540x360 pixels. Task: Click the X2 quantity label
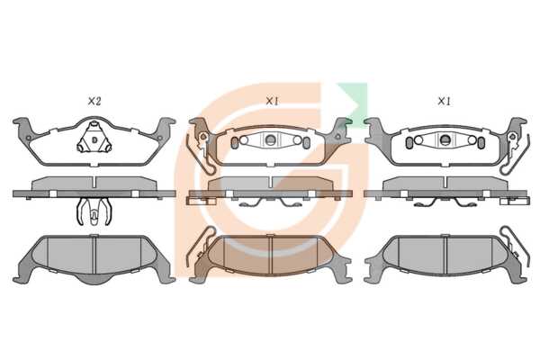point(94,102)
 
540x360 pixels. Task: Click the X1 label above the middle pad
point(272,102)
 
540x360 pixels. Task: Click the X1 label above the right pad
point(444,102)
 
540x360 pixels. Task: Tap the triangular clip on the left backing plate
point(94,139)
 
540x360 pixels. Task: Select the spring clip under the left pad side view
point(94,211)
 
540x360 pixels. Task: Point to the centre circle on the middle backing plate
point(271,139)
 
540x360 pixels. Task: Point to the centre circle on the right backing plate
point(445,139)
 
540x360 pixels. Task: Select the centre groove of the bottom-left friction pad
point(94,255)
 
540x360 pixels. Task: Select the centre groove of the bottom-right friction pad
point(446,255)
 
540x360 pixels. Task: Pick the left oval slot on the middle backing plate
point(234,142)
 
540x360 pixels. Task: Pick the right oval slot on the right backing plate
point(481,142)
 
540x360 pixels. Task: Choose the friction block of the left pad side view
point(94,184)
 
